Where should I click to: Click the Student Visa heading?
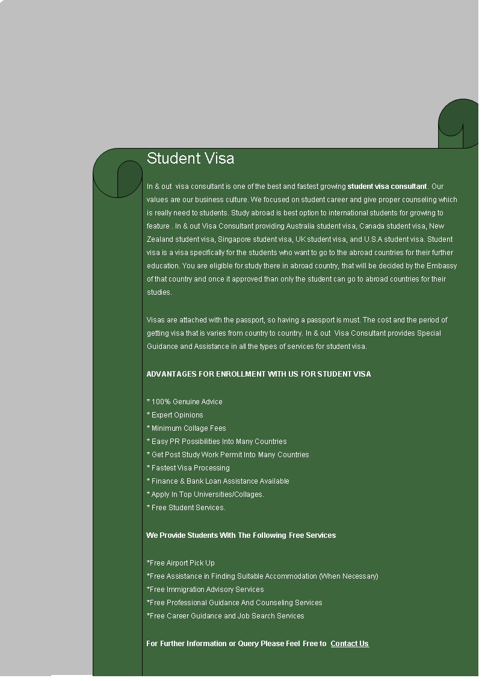point(190,158)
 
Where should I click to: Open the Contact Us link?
point(349,644)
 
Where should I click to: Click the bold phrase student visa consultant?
point(387,186)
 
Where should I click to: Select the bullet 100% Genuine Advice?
point(185,402)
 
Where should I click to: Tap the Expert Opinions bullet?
point(175,415)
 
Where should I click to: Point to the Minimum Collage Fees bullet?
point(187,428)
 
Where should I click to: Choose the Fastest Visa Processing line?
point(188,468)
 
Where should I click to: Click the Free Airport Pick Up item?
point(181,563)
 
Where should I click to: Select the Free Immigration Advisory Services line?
point(205,590)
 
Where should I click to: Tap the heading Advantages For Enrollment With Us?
point(259,374)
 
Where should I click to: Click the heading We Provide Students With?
point(241,535)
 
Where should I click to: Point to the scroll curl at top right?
point(459,123)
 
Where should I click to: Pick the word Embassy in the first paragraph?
point(442,266)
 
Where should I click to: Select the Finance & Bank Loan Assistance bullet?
point(218,481)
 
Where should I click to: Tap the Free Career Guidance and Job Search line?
point(226,616)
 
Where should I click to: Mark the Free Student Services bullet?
point(187,508)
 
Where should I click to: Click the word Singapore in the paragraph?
point(234,239)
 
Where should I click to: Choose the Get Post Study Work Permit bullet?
point(228,455)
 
